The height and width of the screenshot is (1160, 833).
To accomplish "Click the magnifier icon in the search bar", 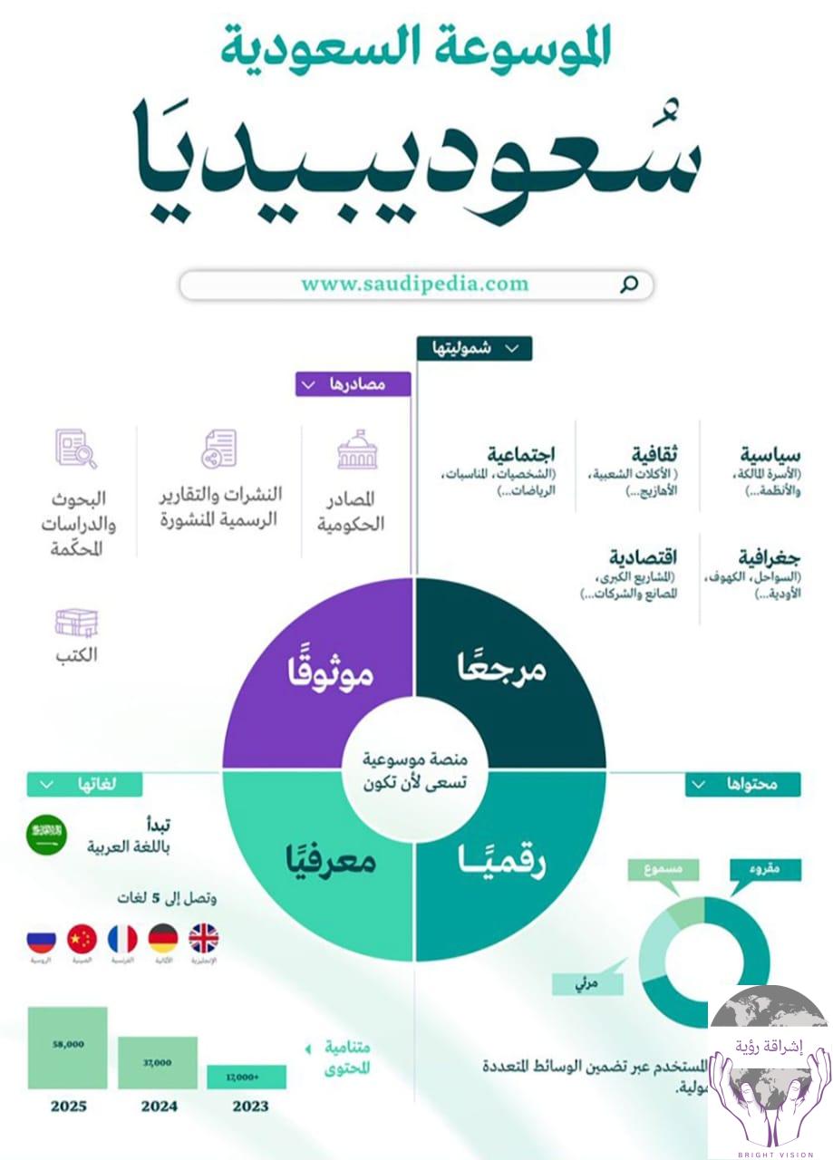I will (x=628, y=285).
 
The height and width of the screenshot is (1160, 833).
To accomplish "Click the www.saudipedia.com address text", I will (x=414, y=284).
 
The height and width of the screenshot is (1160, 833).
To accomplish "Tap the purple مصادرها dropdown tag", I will (x=353, y=384).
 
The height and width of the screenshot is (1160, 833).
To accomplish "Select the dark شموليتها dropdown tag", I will (x=474, y=349).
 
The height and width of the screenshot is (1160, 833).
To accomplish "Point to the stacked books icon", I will (x=76, y=623).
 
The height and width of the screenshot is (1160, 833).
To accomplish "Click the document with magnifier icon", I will (x=76, y=449).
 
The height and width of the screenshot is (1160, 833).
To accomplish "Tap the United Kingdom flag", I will (x=203, y=937).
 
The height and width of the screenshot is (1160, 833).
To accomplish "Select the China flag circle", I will (x=82, y=938).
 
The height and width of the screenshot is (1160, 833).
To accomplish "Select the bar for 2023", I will (x=247, y=1077).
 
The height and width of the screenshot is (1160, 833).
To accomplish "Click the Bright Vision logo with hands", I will (x=770, y=1069).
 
